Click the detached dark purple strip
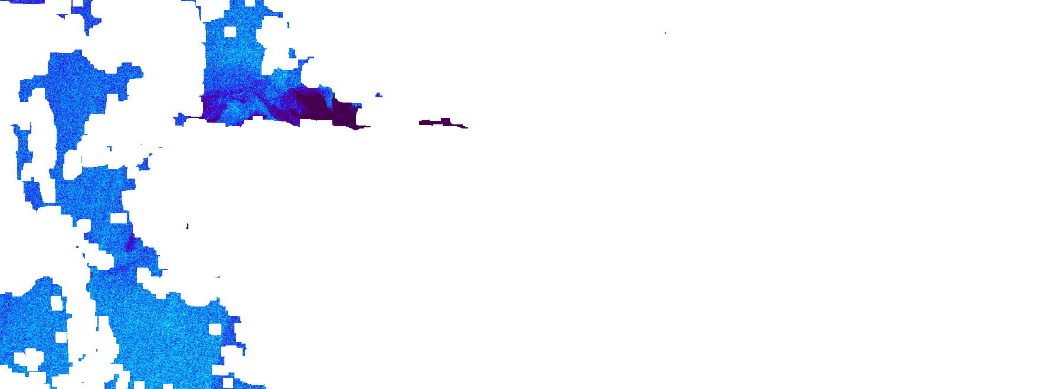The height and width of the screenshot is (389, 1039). click(440, 123)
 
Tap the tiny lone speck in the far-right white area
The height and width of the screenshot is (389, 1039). click(665, 33)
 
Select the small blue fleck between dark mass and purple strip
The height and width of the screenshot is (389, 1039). click(378, 94)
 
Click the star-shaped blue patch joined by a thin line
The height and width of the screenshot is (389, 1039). click(180, 120)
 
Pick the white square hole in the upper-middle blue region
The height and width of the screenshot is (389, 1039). click(230, 32)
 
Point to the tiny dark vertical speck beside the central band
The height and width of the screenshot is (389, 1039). click(188, 226)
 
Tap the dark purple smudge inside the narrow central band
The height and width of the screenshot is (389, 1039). click(130, 242)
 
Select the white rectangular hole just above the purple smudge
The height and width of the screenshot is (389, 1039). click(119, 218)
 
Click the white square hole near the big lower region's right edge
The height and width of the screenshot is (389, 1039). click(215, 329)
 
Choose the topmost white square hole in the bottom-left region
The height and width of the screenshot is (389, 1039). click(56, 303)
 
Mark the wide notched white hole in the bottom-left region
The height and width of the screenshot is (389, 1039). click(28, 357)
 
